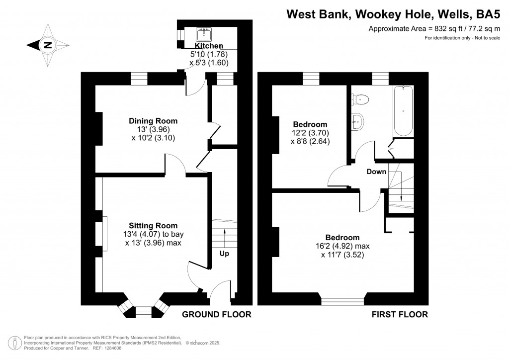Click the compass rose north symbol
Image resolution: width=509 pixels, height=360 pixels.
47,45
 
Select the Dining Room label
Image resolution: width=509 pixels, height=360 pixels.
153,121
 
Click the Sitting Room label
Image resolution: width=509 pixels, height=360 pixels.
153,226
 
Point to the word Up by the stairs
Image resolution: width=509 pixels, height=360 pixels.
224,254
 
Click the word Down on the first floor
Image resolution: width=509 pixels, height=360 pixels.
376,172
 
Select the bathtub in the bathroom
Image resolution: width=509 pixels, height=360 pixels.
403,111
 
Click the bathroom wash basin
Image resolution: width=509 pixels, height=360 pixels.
357,120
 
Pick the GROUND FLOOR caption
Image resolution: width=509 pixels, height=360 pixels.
216,314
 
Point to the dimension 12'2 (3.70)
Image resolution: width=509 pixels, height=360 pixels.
310,133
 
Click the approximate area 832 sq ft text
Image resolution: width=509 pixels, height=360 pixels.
433,29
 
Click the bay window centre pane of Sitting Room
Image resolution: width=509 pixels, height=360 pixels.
143,312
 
